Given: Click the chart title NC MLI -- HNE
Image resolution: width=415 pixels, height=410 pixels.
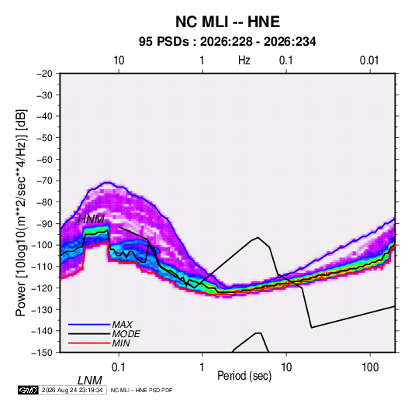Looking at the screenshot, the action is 227,22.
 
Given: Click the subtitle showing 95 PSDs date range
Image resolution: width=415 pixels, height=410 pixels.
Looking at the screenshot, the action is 227,42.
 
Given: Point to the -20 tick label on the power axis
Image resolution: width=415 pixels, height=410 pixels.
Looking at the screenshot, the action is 44,74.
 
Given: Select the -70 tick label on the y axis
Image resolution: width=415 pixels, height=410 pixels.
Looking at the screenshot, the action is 44,181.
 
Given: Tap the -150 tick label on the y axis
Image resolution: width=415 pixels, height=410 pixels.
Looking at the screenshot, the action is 42,353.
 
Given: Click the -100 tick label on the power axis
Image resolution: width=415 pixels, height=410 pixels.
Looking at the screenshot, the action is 42,245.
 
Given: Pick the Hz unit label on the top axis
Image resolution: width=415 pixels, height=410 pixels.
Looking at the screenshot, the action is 244,60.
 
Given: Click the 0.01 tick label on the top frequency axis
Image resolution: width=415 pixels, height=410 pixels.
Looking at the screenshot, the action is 369,60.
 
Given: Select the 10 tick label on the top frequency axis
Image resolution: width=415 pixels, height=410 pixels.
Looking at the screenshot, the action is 119,60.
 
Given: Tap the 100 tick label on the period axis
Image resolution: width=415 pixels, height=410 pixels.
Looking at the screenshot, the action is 370,367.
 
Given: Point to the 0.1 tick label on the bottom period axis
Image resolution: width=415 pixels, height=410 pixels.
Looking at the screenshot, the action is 119,367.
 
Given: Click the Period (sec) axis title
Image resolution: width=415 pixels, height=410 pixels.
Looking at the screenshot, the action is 244,376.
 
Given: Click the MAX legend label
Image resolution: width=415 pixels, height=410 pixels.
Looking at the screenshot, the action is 122,325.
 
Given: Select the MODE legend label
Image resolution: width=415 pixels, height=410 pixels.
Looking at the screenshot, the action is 126,334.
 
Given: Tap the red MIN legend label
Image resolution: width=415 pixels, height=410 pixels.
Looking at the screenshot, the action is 121,343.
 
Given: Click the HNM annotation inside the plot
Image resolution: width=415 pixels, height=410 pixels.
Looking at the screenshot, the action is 92,219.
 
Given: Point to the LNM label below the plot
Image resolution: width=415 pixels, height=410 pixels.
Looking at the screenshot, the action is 90,381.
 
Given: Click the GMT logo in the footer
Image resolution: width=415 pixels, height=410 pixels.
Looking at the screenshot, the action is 28,390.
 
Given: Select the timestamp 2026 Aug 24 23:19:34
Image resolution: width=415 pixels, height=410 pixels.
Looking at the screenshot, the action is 72,390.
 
